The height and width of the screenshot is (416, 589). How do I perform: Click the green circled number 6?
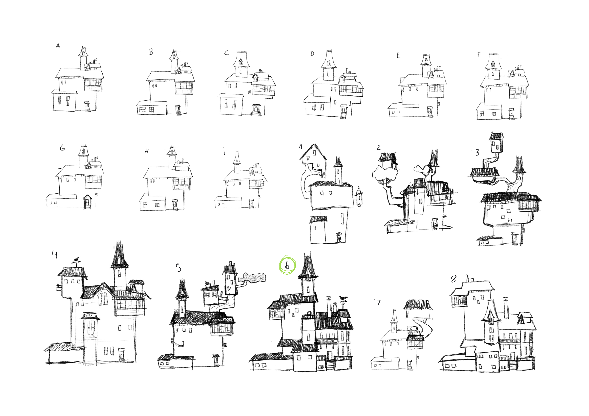coord(287,266)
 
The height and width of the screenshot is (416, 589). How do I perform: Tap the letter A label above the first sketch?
coord(58,46)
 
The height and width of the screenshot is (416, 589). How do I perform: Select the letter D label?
coord(312,54)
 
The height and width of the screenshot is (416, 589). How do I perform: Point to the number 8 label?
coord(454,279)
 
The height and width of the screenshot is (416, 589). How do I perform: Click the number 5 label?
coord(178,268)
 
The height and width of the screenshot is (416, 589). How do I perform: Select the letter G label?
coord(62,148)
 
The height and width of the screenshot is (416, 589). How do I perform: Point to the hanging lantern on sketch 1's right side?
coord(359,197)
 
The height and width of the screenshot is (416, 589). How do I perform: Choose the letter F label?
coord(479,55)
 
